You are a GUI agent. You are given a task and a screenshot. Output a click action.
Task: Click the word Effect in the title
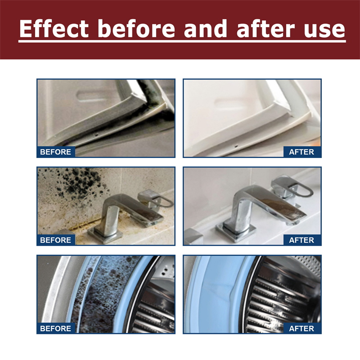pyautogui.click(x=54, y=28)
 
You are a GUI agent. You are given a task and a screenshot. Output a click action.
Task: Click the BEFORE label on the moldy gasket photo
pyautogui.click(x=56, y=152)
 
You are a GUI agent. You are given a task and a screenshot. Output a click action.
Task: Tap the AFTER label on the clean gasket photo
pyautogui.click(x=301, y=152)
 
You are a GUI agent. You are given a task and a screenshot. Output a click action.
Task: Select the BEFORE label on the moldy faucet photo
pyautogui.click(x=56, y=240)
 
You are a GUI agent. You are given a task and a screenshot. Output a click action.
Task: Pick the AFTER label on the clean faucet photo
pyautogui.click(x=301, y=240)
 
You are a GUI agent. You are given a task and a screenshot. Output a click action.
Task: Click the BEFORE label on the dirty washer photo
pyautogui.click(x=56, y=328)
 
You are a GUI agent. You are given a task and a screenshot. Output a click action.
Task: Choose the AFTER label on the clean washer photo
pyautogui.click(x=301, y=328)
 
